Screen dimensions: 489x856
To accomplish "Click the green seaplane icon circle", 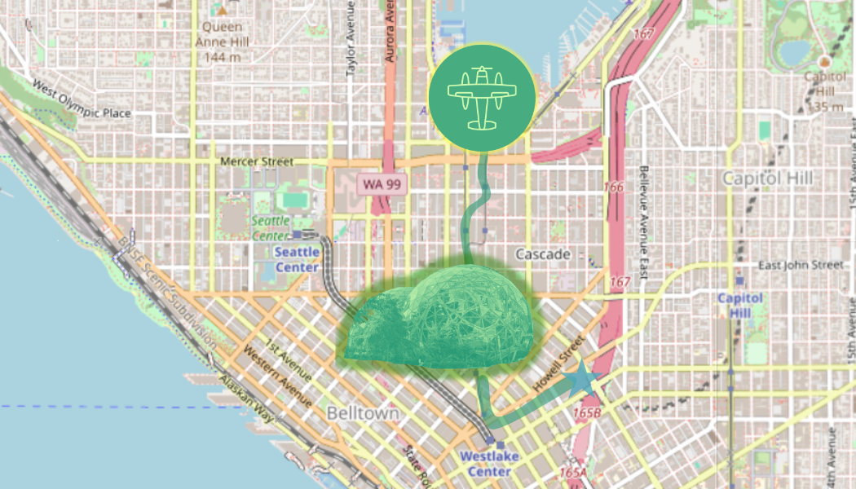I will (x=482, y=97).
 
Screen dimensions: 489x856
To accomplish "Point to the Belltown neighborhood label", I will (x=363, y=413).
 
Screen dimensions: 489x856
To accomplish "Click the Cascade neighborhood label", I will (x=544, y=254).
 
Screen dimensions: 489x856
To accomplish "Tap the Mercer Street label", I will (x=257, y=161).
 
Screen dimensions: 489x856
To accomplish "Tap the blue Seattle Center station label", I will (x=297, y=259).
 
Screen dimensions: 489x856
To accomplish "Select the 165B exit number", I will (x=587, y=413).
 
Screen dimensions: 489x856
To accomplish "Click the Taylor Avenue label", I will (x=351, y=39).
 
